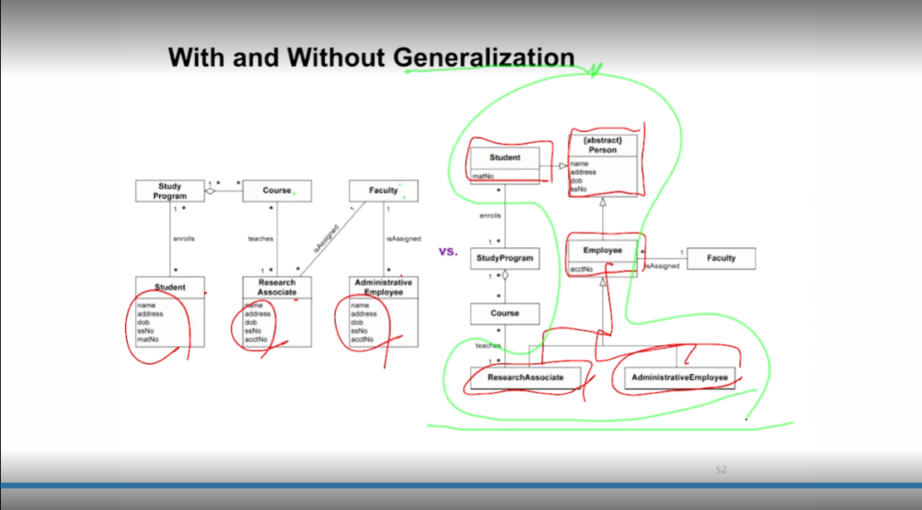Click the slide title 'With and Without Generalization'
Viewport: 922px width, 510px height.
371,56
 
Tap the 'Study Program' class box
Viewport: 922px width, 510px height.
169,191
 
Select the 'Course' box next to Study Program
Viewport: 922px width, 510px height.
277,191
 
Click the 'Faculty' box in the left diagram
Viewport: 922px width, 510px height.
383,191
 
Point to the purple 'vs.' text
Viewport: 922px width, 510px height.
448,250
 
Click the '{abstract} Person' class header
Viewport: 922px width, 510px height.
603,146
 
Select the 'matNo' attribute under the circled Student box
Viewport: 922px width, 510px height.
483,176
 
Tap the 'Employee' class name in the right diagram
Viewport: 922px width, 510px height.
602,250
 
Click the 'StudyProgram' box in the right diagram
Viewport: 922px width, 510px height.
505,258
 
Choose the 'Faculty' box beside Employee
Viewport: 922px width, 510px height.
721,258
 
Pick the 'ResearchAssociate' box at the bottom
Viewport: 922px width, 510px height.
525,377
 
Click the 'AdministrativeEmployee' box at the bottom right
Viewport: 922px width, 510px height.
679,377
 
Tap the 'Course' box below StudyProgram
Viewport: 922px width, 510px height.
505,313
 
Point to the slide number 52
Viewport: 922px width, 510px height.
721,470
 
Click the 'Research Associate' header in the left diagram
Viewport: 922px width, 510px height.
277,287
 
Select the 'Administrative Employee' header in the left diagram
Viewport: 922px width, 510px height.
383,287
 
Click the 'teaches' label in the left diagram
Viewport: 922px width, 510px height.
260,239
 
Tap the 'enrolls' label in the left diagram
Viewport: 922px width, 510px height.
183,239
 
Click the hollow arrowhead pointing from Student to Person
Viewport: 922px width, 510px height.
563,166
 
